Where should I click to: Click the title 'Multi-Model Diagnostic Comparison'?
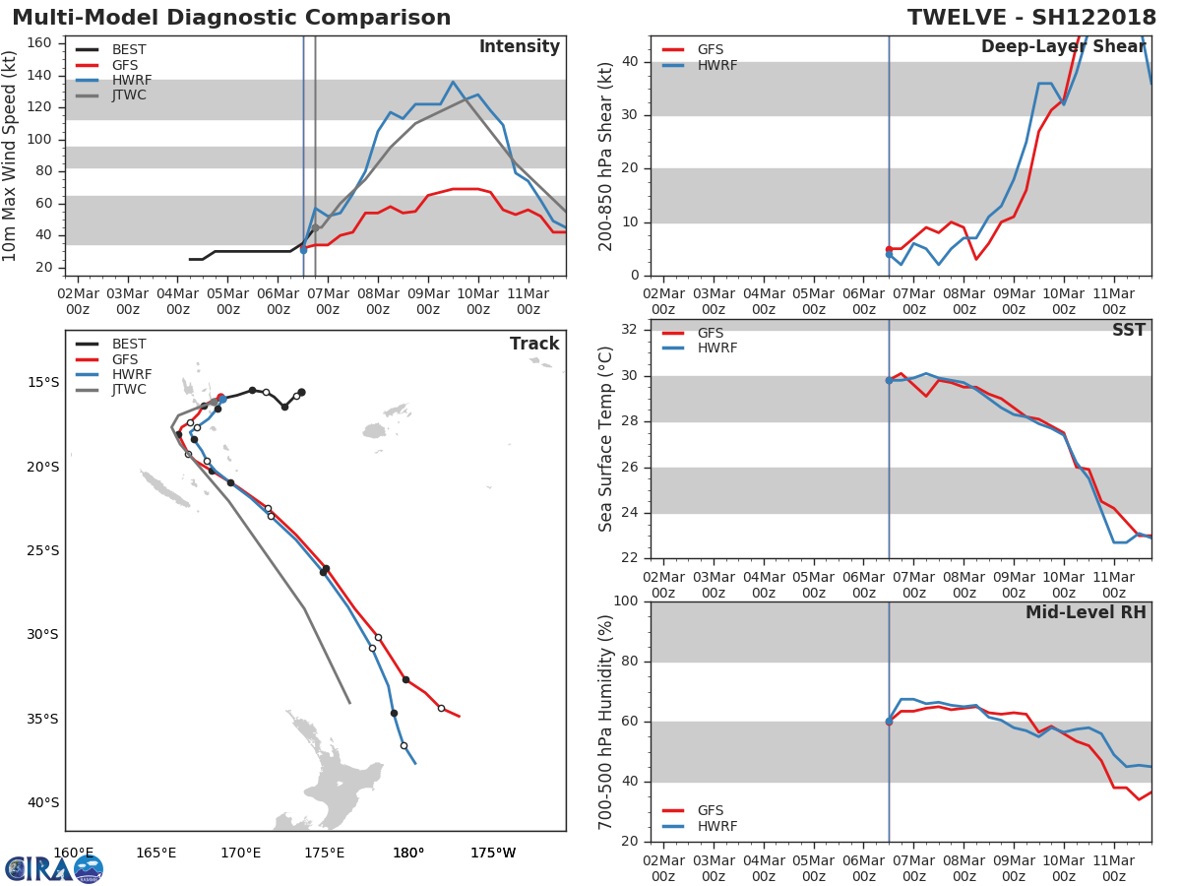[231, 18]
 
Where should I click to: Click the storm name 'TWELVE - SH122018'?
[1031, 18]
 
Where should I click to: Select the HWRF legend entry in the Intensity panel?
[131, 80]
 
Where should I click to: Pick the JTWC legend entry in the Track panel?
[129, 390]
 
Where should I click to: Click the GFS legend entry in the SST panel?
[710, 334]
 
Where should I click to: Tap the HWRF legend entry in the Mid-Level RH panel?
[716, 826]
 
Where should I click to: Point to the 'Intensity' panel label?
[519, 47]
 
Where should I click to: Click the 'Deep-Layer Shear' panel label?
[1063, 47]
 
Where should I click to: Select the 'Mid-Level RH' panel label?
[1086, 612]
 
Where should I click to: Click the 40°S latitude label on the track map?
[42, 802]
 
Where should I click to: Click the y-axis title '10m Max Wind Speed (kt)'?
[11, 156]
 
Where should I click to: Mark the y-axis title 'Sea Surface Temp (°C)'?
[607, 439]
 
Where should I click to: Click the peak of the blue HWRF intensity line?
[453, 82]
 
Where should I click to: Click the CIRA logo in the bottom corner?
[54, 869]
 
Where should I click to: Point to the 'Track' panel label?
[533, 344]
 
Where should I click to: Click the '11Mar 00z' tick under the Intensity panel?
[528, 301]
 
